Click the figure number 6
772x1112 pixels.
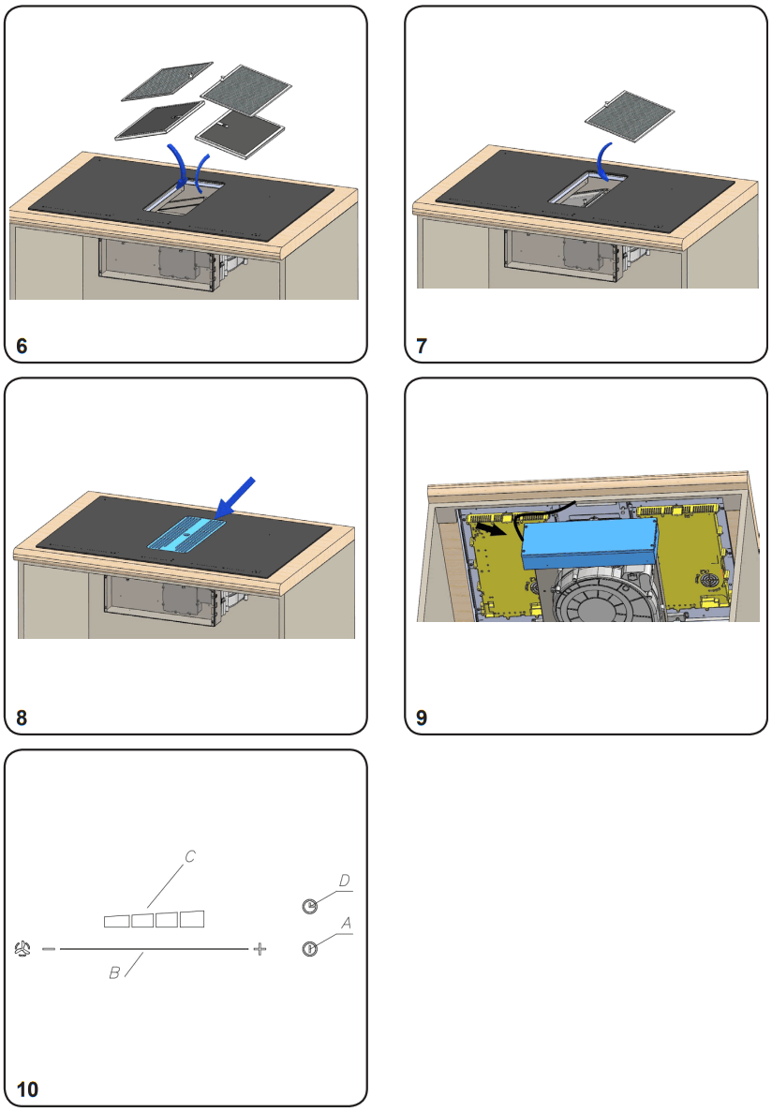[x=22, y=346]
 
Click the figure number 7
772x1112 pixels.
[x=422, y=346]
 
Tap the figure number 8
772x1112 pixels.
[x=22, y=719]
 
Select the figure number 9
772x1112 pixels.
[x=422, y=719]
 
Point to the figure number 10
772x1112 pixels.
[x=28, y=1090]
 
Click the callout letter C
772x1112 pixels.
[x=189, y=856]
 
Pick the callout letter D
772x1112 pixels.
[x=344, y=882]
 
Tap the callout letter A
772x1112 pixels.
[x=345, y=924]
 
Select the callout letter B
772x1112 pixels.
[x=114, y=973]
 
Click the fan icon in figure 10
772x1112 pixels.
[x=23, y=949]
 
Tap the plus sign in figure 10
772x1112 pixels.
[x=260, y=949]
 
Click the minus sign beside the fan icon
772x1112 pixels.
[x=49, y=949]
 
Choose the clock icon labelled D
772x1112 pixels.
[x=310, y=905]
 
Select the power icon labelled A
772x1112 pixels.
[x=310, y=949]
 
